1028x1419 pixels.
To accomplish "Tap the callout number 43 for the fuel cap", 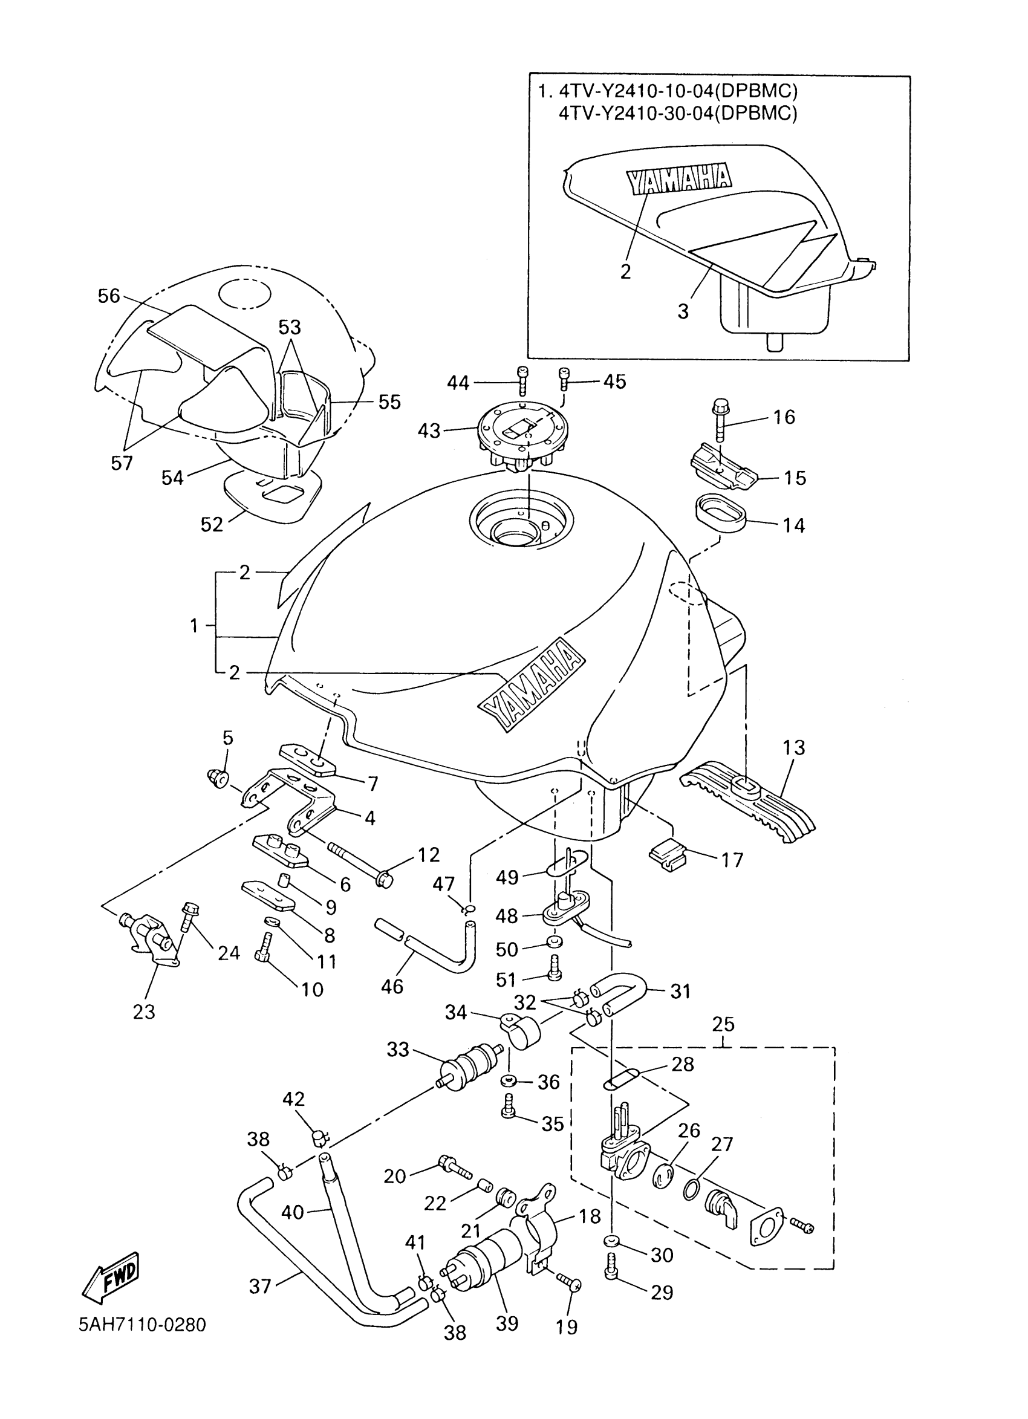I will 429,430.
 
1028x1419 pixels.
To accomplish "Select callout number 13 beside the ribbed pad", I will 793,747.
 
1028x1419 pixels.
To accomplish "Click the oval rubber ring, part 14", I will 720,515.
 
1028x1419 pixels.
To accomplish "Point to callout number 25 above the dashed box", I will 723,1024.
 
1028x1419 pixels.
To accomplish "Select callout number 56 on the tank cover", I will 109,295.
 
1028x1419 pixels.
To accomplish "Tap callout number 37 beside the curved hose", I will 259,1287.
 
